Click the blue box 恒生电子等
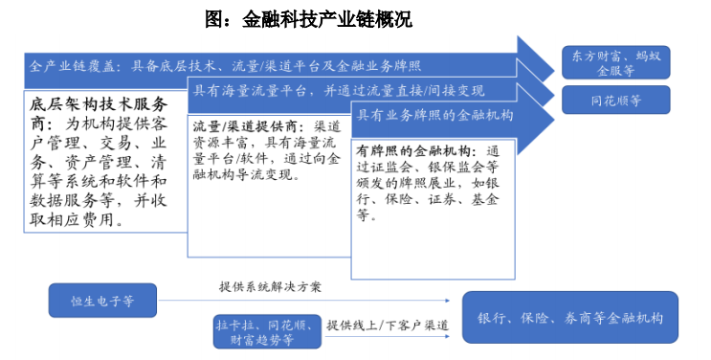tap(102, 300)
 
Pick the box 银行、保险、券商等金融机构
tap(569, 317)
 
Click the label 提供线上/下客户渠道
tap(387, 325)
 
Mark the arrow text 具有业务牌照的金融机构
tap(435, 115)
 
